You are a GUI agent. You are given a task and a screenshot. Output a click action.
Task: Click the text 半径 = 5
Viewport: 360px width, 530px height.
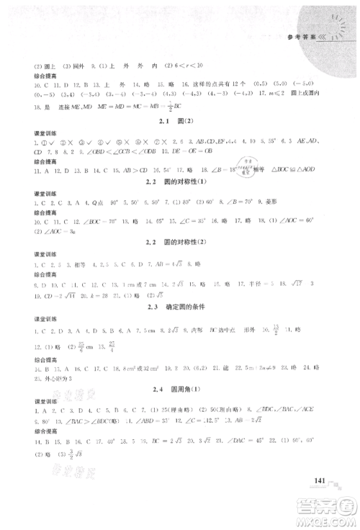pyautogui.click(x=279, y=284)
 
